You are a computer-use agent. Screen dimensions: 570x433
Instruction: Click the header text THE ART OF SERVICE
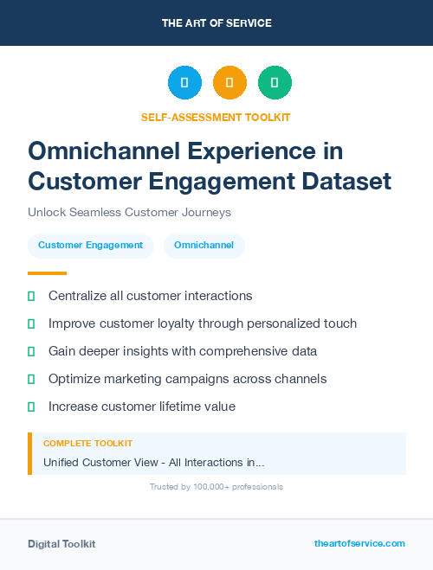(x=216, y=23)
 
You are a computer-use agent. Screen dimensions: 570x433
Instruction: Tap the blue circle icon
(x=184, y=83)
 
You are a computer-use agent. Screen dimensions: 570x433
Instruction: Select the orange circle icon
(x=229, y=83)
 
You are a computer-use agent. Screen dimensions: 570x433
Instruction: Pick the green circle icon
(x=275, y=83)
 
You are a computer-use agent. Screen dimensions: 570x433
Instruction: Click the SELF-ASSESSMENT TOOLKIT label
(x=216, y=117)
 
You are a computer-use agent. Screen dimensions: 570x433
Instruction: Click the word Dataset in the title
(x=345, y=182)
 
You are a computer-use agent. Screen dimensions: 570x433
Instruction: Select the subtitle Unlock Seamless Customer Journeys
(x=129, y=212)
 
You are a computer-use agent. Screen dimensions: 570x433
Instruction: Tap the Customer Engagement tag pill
(x=90, y=246)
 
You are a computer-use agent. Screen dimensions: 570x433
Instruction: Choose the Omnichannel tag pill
(x=204, y=246)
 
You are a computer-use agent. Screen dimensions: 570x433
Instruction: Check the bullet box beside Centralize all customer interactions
(x=31, y=297)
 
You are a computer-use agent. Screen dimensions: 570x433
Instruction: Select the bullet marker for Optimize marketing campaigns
(x=31, y=379)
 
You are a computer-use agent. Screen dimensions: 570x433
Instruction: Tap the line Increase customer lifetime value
(x=142, y=407)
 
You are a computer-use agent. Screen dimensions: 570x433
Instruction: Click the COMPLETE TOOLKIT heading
(x=87, y=444)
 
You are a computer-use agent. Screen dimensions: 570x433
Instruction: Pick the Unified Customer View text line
(x=153, y=463)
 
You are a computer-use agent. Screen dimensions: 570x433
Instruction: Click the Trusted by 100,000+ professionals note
(x=216, y=487)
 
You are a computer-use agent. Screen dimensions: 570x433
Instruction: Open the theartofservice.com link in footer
(x=359, y=543)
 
